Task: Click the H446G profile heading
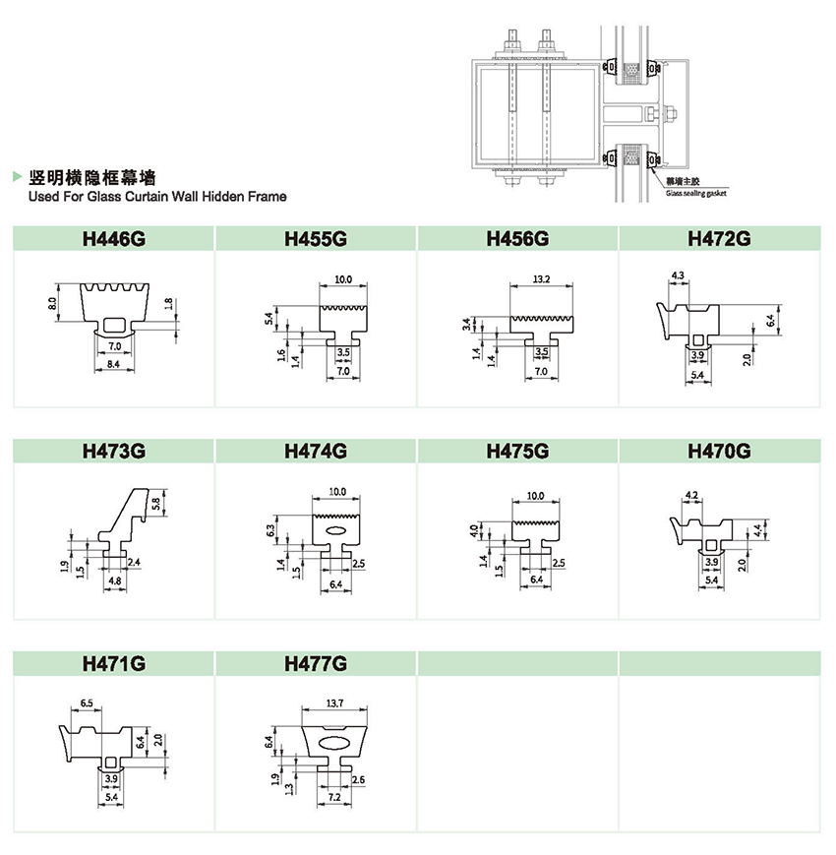click(x=114, y=238)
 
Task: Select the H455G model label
click(x=316, y=238)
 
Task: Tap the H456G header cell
click(x=517, y=238)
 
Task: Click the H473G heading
click(x=114, y=452)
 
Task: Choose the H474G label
click(x=316, y=452)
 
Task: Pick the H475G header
click(x=517, y=452)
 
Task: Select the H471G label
click(x=114, y=664)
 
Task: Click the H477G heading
click(x=316, y=664)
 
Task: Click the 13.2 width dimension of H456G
click(x=540, y=279)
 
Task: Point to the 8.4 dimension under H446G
click(x=115, y=365)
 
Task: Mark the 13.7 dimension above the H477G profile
click(x=334, y=703)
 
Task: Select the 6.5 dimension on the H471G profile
click(x=87, y=703)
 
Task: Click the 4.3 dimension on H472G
click(x=678, y=275)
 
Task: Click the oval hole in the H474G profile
click(x=336, y=531)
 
